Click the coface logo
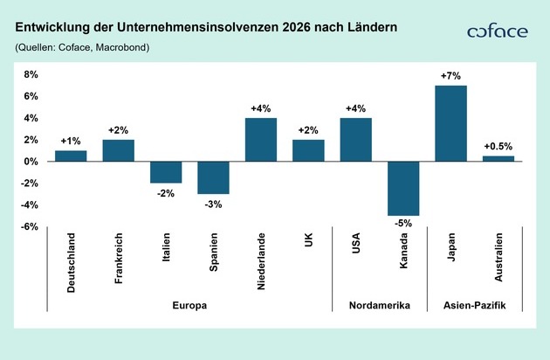point(497,31)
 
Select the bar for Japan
point(450,123)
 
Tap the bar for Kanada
point(403,188)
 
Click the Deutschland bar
point(71,156)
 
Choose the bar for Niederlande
point(261,140)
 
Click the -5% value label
point(403,223)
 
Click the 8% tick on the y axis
point(31,74)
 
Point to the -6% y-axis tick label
point(30,226)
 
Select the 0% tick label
point(31,162)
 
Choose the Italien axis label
point(166,253)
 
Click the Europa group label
point(189,305)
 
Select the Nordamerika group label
point(379,305)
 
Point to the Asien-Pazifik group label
point(474,305)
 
